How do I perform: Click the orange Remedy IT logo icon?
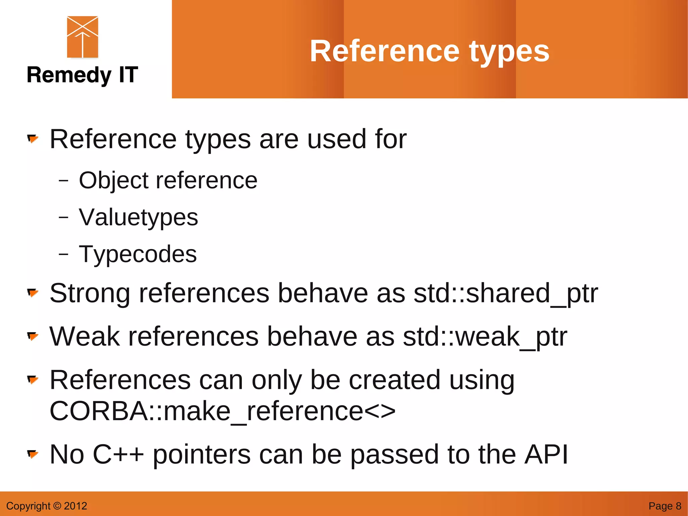click(83, 37)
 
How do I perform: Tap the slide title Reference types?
click(429, 51)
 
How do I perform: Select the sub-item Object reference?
click(168, 181)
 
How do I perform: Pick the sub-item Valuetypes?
click(138, 217)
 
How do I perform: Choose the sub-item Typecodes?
click(138, 254)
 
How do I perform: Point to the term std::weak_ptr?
click(485, 337)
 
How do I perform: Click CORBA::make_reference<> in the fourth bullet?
click(222, 411)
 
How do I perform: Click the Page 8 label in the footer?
click(664, 506)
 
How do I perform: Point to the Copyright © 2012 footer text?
click(47, 506)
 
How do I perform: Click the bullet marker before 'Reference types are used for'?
click(33, 138)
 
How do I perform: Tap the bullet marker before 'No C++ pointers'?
click(33, 454)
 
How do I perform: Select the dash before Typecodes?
click(63, 254)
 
